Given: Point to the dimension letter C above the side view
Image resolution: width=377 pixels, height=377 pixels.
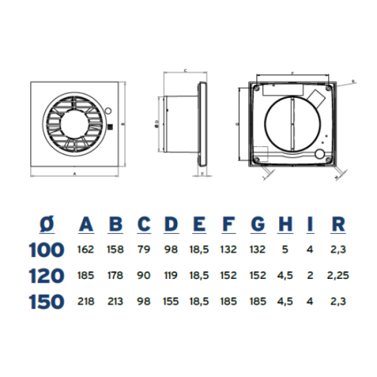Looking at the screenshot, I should (x=185, y=69).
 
